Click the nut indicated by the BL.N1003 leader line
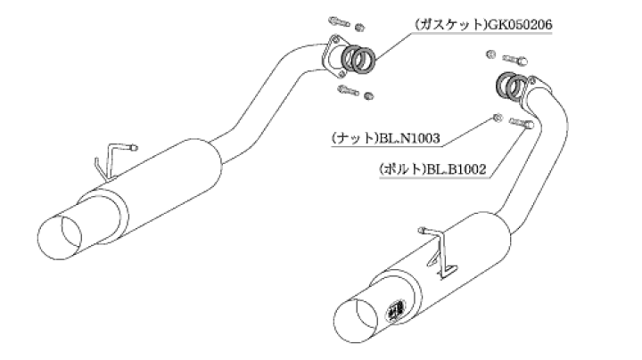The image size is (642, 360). tap(496, 119)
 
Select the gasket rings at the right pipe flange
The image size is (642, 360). tap(511, 85)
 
